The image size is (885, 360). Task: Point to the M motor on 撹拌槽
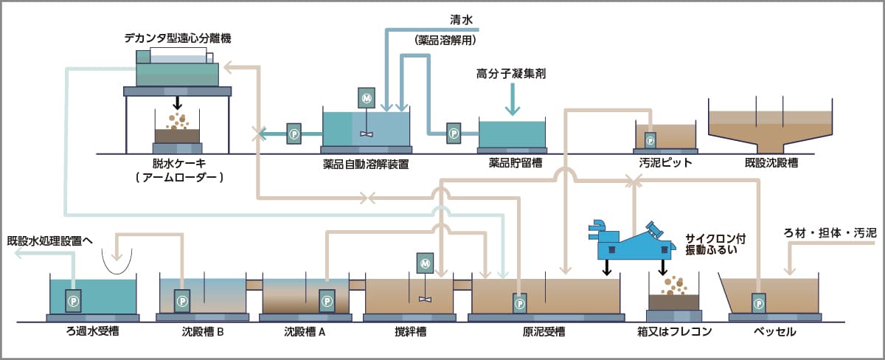425,262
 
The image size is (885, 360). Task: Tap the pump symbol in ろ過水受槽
73,301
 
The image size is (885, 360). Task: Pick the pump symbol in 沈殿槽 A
325,301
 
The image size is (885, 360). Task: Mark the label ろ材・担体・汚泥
829,233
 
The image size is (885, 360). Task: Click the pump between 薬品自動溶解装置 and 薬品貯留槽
454,133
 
